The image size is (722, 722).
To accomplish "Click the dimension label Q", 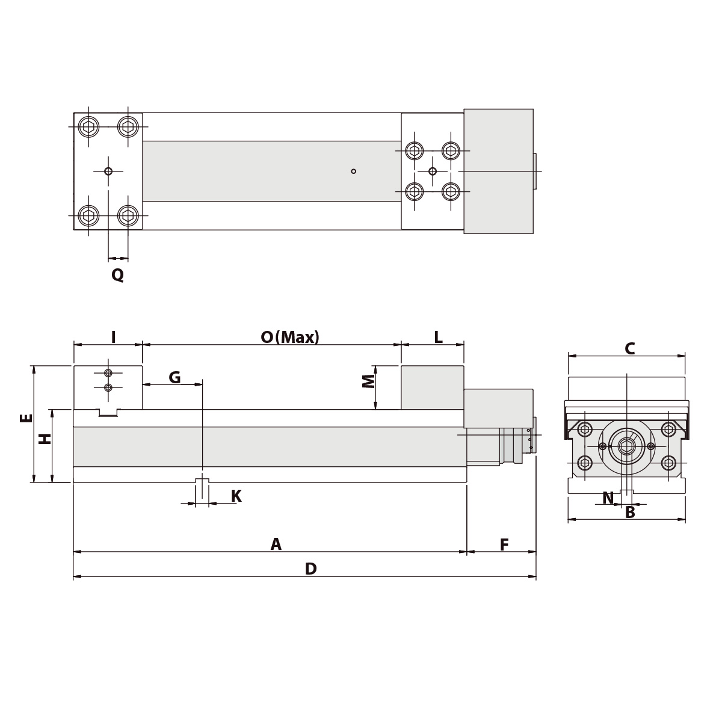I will tap(117, 275).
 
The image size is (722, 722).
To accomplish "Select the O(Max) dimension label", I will tap(290, 337).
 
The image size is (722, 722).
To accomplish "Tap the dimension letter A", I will tap(276, 545).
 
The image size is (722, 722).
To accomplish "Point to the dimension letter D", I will tap(310, 569).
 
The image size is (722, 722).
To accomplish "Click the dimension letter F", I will tap(504, 545).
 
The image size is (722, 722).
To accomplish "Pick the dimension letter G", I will tap(174, 378).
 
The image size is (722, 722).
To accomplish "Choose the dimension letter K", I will tap(236, 496).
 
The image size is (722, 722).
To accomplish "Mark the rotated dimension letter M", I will tap(368, 381).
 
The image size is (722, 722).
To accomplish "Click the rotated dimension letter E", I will tap(26, 418).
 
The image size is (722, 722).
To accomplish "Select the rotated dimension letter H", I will tap(45, 439).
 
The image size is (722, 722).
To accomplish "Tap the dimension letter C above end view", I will tap(629, 348).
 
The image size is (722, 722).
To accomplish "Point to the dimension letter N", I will tap(608, 498).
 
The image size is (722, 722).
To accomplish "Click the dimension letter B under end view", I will tap(630, 513).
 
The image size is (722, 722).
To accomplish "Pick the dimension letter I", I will tap(113, 337).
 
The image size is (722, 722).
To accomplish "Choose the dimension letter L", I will tap(438, 337).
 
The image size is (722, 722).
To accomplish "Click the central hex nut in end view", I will tap(626, 446).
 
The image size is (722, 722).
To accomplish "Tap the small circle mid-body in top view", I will tap(353, 171).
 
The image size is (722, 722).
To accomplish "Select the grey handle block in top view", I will tap(498, 171).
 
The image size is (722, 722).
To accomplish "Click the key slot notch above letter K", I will tap(202, 481).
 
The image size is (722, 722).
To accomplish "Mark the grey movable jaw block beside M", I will tap(432, 387).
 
